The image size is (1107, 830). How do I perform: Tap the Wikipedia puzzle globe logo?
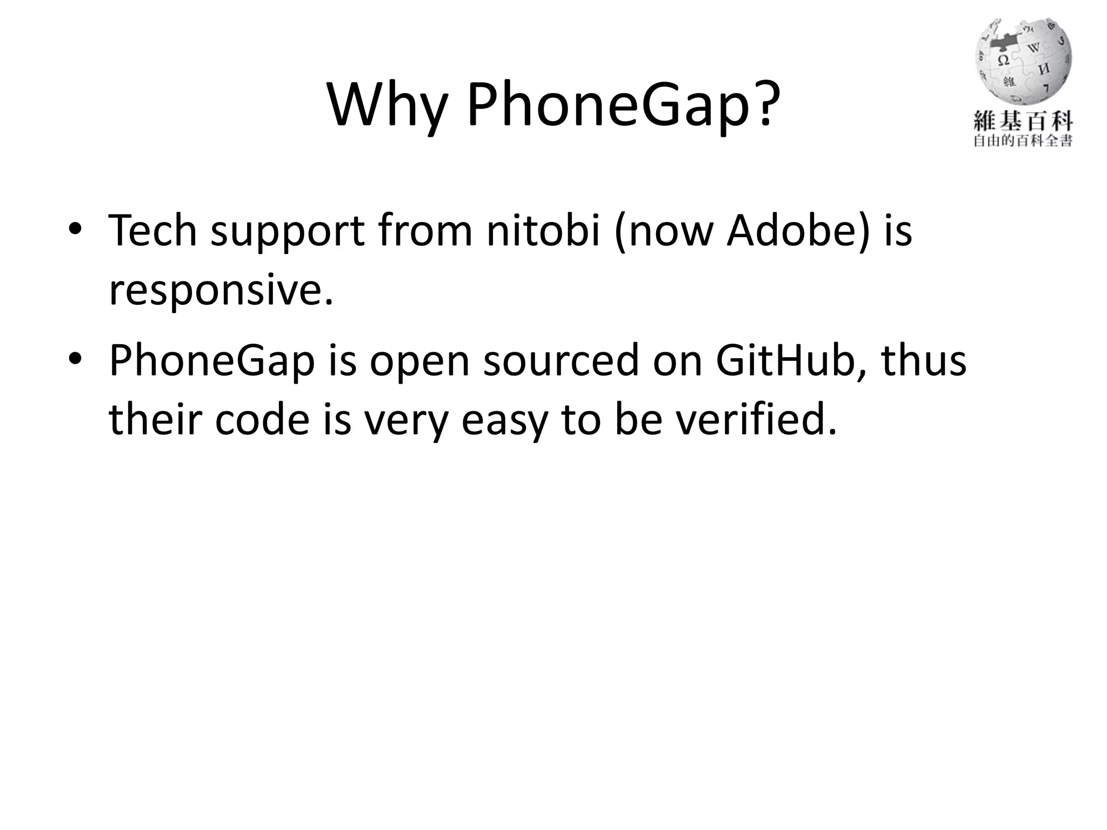point(1023,63)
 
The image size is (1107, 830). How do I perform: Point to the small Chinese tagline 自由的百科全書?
point(1023,142)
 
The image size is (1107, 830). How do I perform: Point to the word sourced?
point(561,360)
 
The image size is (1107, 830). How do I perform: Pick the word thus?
point(924,360)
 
